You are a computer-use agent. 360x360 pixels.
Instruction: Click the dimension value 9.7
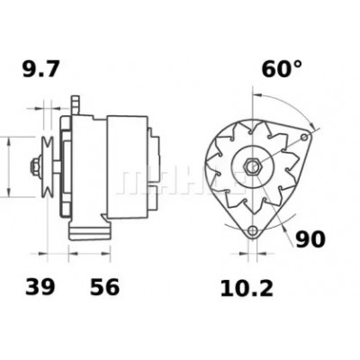[41, 69]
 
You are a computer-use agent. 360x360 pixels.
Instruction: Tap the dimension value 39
[40, 286]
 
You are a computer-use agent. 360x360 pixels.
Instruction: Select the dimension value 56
[104, 286]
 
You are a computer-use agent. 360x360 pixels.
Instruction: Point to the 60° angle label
[282, 69]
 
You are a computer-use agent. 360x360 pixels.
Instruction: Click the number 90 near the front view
[310, 239]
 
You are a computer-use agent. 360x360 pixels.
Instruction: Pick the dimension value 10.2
[247, 289]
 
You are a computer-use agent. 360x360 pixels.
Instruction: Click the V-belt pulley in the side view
[48, 166]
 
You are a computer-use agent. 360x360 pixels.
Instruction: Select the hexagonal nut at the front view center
[252, 166]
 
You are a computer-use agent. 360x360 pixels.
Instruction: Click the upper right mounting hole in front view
[304, 138]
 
